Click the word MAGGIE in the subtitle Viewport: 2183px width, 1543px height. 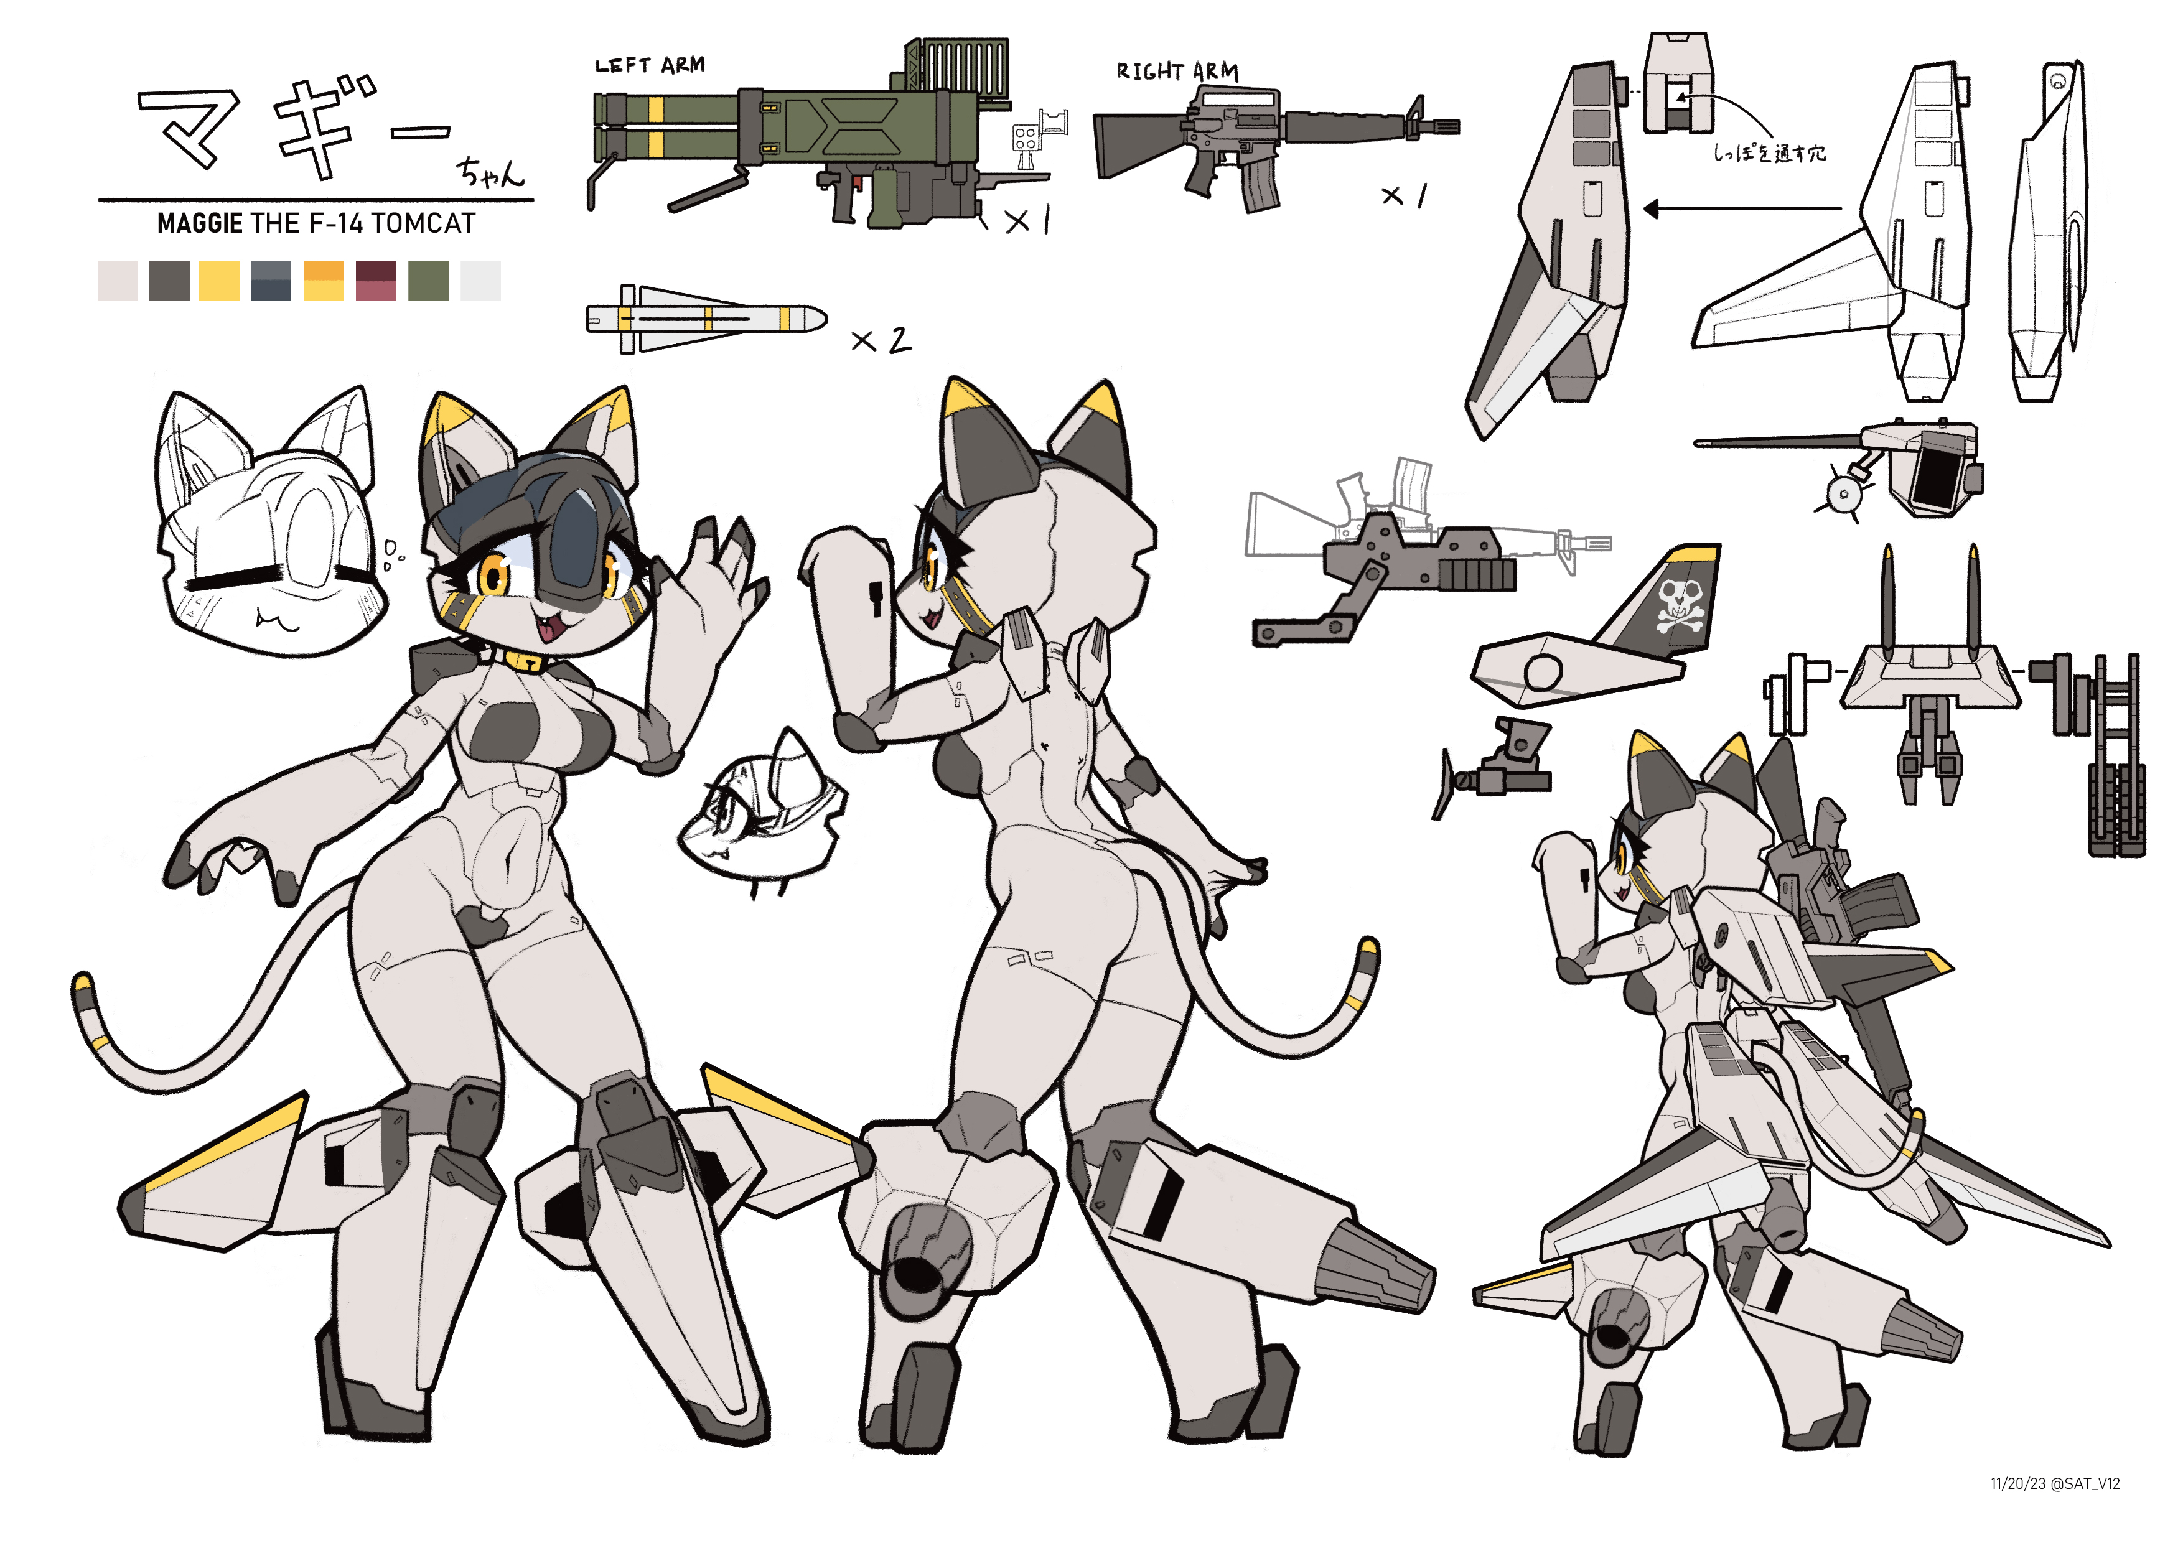click(200, 223)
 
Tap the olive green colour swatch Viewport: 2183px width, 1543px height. click(428, 281)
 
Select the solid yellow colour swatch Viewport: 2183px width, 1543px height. click(220, 281)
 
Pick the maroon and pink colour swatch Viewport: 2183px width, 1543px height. click(376, 281)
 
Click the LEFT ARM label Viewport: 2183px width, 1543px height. click(650, 65)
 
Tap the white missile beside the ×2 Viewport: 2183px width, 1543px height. click(706, 319)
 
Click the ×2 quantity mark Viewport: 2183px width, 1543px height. click(881, 340)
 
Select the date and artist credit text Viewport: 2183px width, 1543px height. click(2055, 1483)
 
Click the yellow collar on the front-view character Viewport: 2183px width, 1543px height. click(528, 660)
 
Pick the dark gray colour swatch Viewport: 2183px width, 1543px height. click(169, 281)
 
